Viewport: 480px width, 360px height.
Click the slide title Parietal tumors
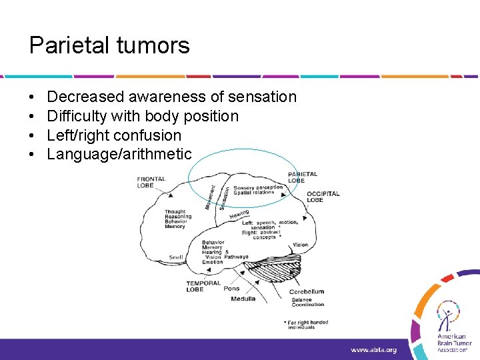point(109,45)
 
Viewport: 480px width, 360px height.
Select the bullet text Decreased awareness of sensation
point(171,97)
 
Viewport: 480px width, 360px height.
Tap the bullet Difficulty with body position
point(142,116)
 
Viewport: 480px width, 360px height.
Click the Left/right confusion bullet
point(114,135)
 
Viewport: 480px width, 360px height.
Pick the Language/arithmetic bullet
point(119,155)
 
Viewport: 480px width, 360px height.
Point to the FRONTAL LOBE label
point(151,182)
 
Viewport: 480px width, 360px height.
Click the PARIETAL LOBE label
point(303,177)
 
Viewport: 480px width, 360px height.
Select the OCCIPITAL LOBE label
point(323,197)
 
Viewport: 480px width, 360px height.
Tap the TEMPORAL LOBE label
point(203,286)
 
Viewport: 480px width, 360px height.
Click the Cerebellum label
point(307,291)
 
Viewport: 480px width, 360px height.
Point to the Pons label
point(231,289)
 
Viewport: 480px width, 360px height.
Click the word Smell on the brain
point(176,257)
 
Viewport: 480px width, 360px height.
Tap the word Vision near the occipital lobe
point(300,245)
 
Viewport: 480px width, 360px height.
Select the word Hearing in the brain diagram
point(239,214)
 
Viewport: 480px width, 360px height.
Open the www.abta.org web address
point(373,349)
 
